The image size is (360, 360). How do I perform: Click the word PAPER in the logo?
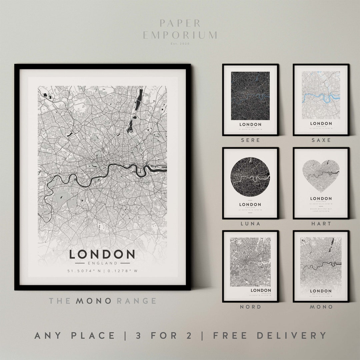180,23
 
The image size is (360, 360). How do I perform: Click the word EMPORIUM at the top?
180,35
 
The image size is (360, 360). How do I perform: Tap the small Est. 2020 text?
180,43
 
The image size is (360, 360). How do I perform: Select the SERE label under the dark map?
251,140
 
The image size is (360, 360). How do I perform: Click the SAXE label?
321,140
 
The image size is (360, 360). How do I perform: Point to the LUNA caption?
251,224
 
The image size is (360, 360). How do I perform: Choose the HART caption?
321,224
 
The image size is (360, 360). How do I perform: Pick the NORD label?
251,307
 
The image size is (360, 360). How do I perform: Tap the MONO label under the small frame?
321,307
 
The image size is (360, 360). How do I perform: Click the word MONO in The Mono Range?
94,301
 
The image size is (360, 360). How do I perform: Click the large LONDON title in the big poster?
102,254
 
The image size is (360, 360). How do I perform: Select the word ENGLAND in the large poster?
102,263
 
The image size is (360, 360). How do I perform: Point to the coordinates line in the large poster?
102,271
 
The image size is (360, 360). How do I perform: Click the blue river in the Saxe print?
321,97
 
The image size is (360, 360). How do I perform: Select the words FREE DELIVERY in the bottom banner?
270,335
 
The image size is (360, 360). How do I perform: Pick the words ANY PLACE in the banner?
75,335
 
